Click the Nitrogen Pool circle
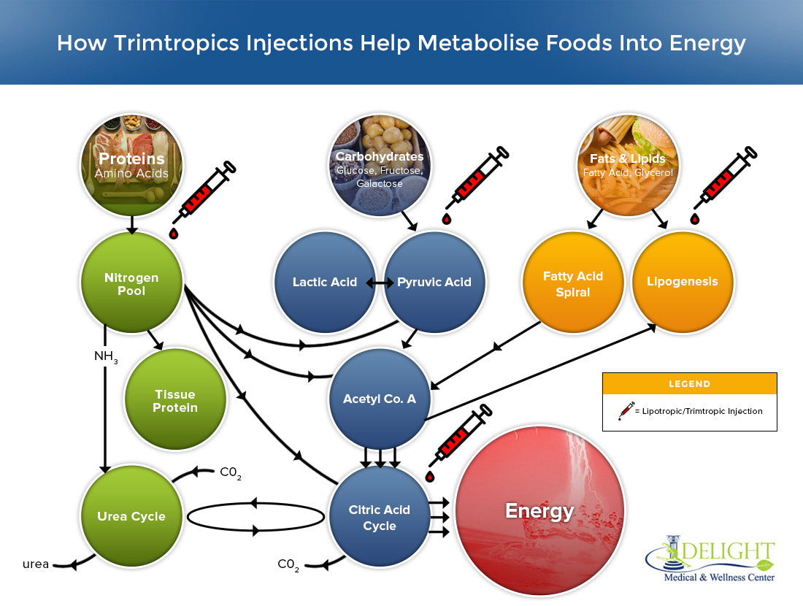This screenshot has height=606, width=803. tap(131, 284)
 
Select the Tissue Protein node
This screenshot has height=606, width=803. tap(175, 401)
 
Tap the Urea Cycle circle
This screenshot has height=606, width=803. tap(131, 516)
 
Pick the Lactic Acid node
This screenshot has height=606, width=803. tap(324, 282)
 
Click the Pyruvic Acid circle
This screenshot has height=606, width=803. tap(434, 282)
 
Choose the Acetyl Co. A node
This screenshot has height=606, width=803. tap(380, 399)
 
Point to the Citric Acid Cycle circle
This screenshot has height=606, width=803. tap(380, 516)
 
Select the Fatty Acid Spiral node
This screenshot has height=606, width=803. tap(573, 283)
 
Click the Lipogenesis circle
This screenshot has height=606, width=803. tap(683, 282)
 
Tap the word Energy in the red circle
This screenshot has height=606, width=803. tap(539, 511)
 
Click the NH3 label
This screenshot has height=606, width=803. tap(105, 357)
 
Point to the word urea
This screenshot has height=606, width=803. tap(36, 564)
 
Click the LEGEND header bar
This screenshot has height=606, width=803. tap(689, 383)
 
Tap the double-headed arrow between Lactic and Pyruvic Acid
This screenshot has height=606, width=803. tap(380, 282)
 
